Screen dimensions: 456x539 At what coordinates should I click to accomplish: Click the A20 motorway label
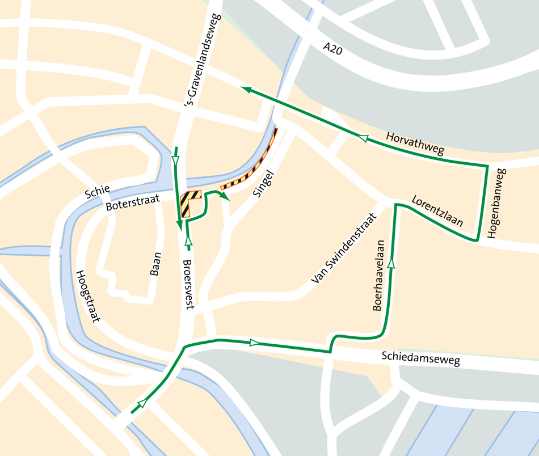(x=333, y=49)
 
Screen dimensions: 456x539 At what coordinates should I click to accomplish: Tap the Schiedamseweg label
(x=420, y=358)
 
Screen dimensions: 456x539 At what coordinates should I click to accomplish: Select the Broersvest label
(x=189, y=284)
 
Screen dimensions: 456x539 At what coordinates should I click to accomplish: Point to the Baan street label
(x=155, y=264)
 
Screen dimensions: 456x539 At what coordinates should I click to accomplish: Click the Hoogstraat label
(x=87, y=295)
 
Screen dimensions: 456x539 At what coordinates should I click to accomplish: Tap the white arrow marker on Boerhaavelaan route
(x=391, y=263)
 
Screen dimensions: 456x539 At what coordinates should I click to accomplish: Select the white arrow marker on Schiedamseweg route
(x=254, y=343)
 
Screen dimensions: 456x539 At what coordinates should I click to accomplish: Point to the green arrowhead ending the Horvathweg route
(x=245, y=88)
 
